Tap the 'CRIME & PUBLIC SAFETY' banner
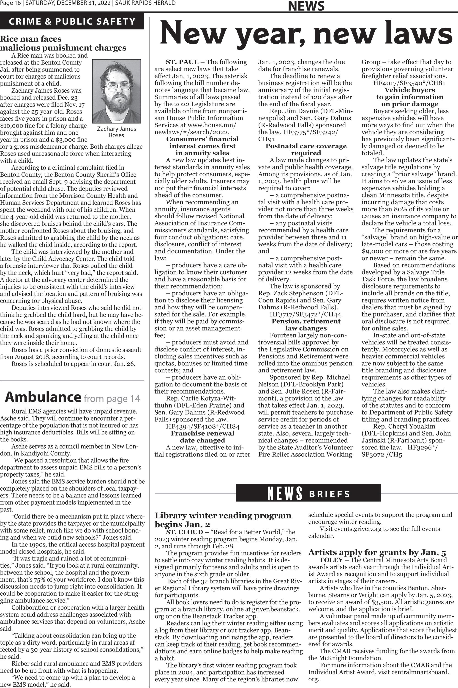click(72, 22)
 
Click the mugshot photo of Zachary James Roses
click(117, 91)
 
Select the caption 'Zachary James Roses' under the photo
click(116, 132)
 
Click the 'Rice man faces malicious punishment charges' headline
click(63, 43)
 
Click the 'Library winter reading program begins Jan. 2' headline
click(223, 519)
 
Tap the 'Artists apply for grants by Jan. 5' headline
click(377, 552)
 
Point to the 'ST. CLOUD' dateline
click(184, 532)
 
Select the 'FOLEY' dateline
click(331, 560)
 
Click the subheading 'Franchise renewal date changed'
click(202, 437)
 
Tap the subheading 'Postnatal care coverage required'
click(306, 150)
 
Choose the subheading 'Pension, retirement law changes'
click(306, 325)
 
